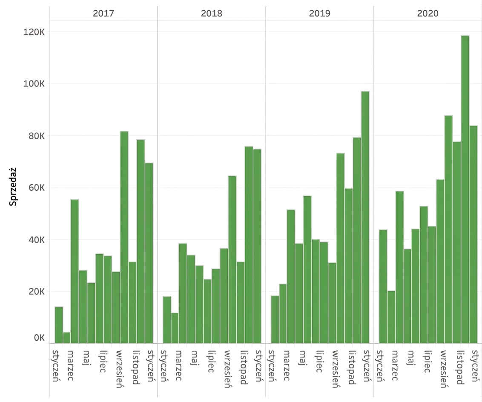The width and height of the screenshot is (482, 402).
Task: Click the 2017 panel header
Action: (103, 13)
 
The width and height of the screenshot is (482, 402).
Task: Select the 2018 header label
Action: (212, 13)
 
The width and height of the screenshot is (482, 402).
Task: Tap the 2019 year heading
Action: (320, 13)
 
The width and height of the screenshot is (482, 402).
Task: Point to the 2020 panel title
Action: (428, 13)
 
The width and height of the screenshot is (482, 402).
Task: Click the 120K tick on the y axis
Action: (34, 32)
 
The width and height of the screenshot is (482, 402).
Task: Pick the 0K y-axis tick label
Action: (39, 338)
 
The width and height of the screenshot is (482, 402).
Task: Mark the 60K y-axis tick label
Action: (37, 187)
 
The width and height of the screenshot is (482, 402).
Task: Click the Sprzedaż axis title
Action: (13, 187)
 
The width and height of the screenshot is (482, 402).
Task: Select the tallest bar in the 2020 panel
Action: (465, 190)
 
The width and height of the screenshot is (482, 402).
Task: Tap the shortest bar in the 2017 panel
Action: (67, 338)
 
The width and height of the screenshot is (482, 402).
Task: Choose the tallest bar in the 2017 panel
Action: (124, 237)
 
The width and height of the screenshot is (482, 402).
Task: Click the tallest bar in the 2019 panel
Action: (365, 217)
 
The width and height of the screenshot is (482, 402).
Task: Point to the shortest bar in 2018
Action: (175, 328)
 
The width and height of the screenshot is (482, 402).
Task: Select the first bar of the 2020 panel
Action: (383, 287)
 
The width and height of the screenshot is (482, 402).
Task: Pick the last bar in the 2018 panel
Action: (257, 246)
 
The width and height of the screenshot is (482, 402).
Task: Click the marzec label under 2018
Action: (178, 365)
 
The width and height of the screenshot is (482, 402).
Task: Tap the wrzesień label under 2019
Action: (336, 369)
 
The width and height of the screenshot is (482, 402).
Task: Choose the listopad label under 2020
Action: (460, 367)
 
